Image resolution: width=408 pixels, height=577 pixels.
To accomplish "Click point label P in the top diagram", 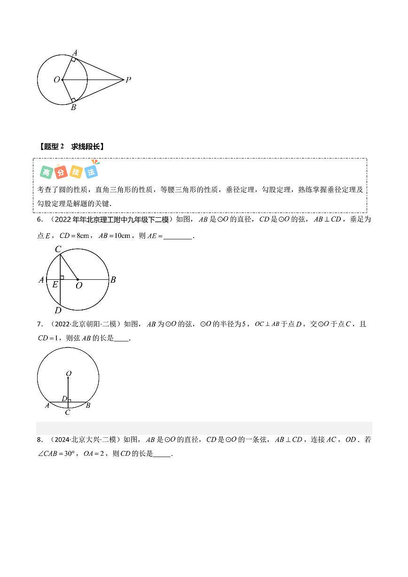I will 128,80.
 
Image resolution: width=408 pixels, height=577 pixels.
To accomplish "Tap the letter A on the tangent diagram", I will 75,52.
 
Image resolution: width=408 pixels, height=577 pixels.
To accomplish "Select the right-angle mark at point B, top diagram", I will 73,100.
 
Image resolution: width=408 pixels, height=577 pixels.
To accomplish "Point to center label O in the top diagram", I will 56,80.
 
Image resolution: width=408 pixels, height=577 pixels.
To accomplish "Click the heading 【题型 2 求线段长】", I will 71,147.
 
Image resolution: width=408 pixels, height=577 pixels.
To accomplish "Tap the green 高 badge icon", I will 46,172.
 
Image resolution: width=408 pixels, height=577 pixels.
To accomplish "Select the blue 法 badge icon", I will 91,172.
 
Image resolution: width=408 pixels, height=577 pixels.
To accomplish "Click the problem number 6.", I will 39,220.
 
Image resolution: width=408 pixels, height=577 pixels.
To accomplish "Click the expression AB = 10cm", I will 114,236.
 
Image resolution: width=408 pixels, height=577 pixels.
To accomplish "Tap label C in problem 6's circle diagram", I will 58,249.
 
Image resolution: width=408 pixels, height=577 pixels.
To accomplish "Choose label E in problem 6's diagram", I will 55,285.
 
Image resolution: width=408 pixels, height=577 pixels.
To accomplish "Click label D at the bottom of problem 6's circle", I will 58,310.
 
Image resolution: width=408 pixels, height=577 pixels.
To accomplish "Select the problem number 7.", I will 39,324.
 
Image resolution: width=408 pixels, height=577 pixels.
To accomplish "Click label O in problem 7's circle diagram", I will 69,374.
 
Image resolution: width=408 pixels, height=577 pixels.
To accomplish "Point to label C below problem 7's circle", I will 68,412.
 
